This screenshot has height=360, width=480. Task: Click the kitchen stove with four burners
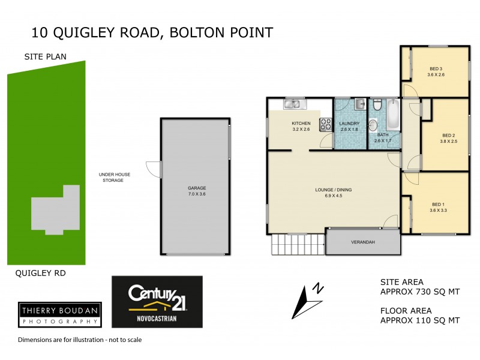[x=326, y=124]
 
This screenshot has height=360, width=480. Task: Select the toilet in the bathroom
[x=377, y=106]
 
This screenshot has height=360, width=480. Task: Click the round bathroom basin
[x=373, y=125]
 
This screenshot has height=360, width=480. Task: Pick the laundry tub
[x=359, y=104]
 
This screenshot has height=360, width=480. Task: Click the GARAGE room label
[x=197, y=188]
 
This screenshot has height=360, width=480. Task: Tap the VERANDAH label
[x=363, y=242]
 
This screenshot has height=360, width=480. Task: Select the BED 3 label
[x=436, y=68]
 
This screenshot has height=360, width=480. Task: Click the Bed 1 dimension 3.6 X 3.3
[x=438, y=211]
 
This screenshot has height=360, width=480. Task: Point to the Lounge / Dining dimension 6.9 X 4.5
[x=333, y=196]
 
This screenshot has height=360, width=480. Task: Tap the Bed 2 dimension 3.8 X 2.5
[x=449, y=142]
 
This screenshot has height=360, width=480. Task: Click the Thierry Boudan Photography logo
[x=59, y=314]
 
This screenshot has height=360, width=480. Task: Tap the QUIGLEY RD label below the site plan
[x=41, y=274]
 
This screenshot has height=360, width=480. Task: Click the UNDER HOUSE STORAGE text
[x=115, y=177]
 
